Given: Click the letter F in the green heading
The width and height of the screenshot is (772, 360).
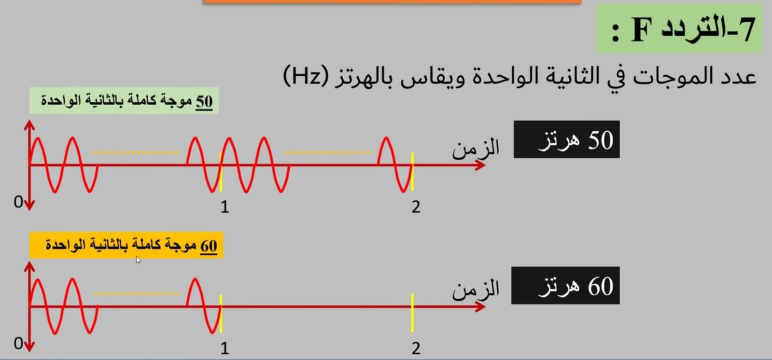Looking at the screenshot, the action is [642, 29].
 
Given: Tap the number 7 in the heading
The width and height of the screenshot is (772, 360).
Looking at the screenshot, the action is [745, 29].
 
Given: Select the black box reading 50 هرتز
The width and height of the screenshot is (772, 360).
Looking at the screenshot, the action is [567, 139].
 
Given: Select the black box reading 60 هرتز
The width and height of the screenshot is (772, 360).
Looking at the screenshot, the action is [565, 285].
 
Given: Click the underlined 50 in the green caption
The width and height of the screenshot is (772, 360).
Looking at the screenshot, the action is [204, 102].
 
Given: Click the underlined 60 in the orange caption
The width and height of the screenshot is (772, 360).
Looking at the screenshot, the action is [209, 246].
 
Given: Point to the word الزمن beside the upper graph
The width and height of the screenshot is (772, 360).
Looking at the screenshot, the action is [476, 148].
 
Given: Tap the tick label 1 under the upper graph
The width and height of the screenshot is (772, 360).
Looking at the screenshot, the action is [225, 207].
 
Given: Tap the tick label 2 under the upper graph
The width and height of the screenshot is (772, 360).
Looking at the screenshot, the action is [416, 207].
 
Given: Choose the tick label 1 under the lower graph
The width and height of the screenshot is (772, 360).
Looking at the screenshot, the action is [225, 349].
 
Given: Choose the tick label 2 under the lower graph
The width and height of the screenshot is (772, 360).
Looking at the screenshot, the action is [416, 349].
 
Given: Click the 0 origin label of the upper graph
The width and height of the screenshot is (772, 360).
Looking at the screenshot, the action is [18, 202].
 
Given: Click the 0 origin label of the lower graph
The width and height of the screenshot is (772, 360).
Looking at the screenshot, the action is [18, 344].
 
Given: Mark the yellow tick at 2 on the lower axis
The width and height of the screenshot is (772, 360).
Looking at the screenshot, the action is [412, 313].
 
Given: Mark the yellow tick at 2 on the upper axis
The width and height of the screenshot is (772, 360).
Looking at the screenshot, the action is [412, 172].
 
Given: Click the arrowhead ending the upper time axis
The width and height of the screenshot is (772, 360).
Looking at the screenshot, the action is [480, 165].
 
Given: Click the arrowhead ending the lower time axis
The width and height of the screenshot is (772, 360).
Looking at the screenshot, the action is [480, 306].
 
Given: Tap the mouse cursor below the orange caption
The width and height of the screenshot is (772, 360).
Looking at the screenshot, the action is [138, 260].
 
